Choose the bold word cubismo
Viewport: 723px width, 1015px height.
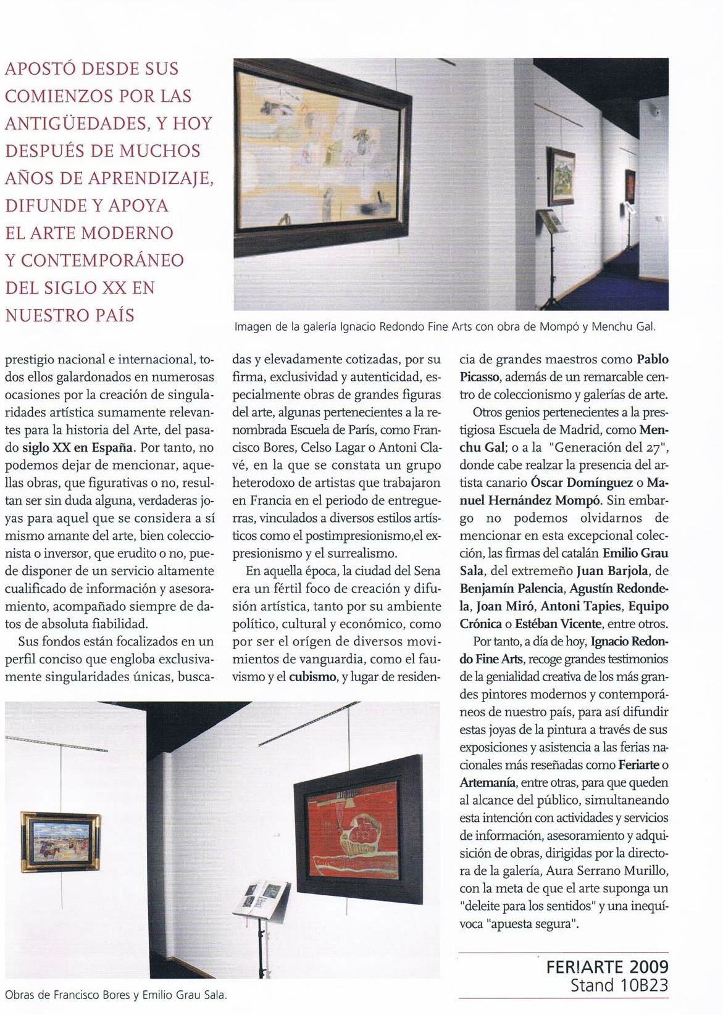click(x=312, y=677)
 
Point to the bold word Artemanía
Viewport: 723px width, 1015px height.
click(x=487, y=782)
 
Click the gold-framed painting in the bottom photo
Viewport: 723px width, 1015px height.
click(x=60, y=841)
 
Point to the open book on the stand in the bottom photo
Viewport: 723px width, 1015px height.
click(x=261, y=896)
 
